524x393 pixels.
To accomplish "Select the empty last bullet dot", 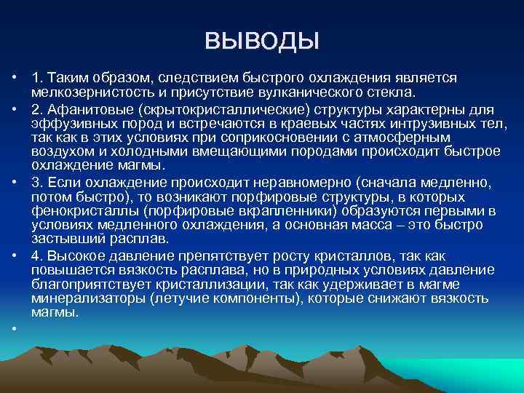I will [x=15, y=329].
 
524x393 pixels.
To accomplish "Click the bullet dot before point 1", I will [x=15, y=78].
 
